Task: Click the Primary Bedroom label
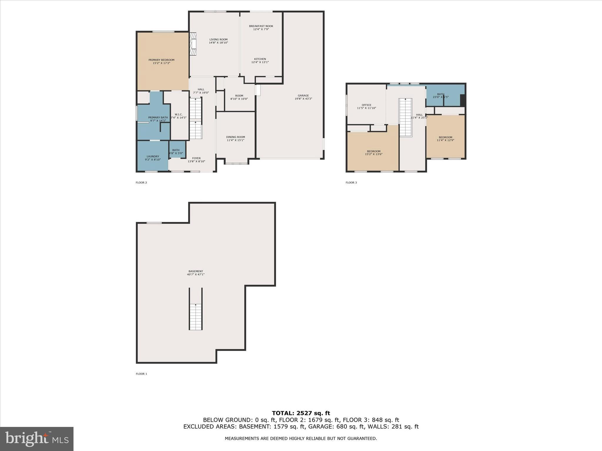tap(161, 60)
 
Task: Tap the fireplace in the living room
tap(193, 44)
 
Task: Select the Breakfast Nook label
tap(261, 26)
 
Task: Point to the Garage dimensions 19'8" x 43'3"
tap(303, 99)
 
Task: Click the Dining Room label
tap(235, 137)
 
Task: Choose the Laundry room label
tap(153, 156)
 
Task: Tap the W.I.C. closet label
tap(179, 115)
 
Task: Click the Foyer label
tap(196, 158)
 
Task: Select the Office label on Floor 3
tap(366, 105)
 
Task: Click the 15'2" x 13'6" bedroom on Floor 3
tap(374, 153)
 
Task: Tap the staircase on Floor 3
tap(405, 117)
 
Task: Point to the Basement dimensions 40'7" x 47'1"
tap(195, 275)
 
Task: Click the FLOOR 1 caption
tap(141, 374)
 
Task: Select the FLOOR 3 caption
tap(351, 183)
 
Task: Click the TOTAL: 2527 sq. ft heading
tap(301, 413)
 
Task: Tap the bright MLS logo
tap(37, 439)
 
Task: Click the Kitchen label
tap(260, 59)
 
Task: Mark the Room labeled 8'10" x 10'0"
tap(239, 97)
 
